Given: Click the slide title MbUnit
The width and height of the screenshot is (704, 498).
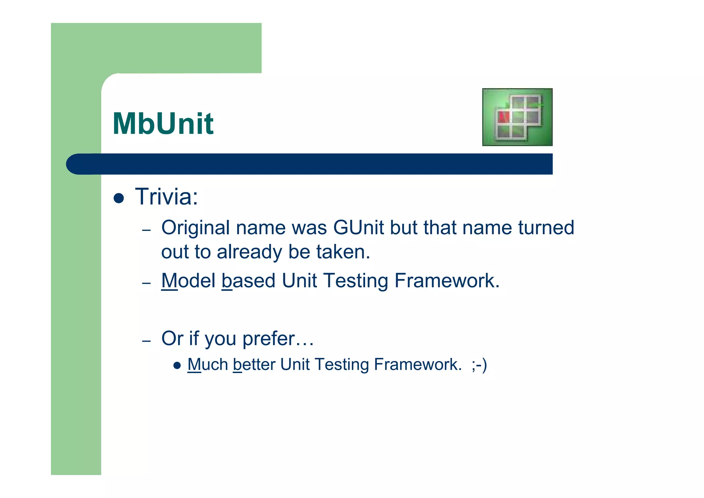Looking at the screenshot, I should [163, 124].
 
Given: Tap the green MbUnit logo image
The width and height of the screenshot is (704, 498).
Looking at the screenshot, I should [517, 117].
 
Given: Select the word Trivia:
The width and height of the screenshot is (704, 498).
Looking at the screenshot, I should [166, 197].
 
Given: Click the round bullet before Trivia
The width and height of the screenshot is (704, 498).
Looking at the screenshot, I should [119, 198].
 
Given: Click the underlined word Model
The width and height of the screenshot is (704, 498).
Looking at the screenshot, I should [188, 281].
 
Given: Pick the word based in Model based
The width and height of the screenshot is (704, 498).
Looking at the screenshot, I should [249, 281].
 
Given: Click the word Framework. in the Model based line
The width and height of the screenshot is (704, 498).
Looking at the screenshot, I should [447, 281].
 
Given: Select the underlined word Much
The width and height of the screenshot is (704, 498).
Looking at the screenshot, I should [208, 365].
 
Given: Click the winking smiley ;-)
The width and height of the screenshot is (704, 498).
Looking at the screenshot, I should [479, 365].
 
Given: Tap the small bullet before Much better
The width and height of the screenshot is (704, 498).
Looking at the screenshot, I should [177, 365].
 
